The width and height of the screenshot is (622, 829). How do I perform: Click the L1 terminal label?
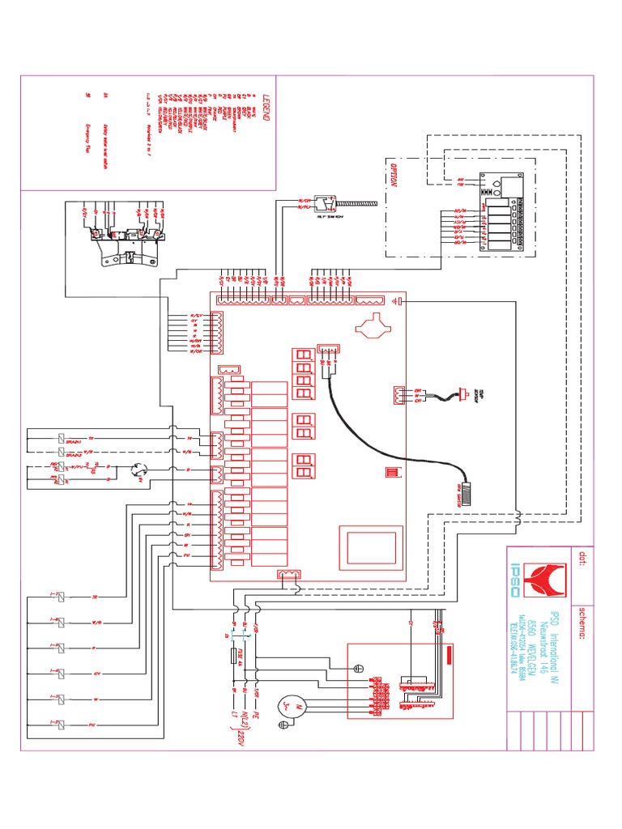pos(236,717)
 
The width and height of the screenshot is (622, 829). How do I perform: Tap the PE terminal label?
pos(256,718)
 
